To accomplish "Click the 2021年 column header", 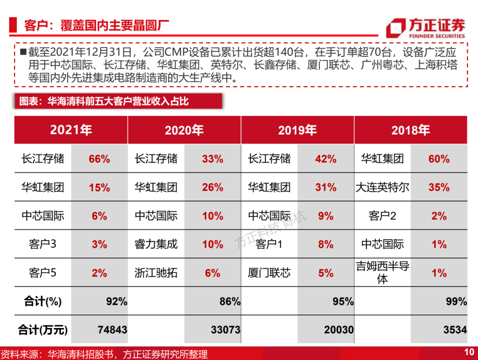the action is coord(71,130).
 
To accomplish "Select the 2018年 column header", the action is coord(411,130).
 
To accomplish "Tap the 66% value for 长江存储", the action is coord(100,159).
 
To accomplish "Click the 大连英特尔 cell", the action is coord(382,187).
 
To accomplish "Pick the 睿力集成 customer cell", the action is coord(156,244).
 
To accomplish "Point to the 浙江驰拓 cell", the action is coord(156,272).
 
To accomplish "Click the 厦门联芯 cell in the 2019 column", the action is coord(269,272).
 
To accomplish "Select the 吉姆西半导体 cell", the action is coord(382,272).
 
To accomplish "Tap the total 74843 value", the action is coord(112,329).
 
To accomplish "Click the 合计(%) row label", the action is coord(42,301).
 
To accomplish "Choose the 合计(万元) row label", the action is coord(42,330).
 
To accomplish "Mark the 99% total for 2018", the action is coord(456,301).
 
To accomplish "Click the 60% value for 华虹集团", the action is coord(439,159).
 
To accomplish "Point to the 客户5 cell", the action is coord(42,272).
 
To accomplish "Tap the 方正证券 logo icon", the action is coord(396,28).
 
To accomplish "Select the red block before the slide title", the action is coord(13,25).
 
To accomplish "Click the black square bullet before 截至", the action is coord(23,51).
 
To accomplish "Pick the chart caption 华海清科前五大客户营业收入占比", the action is coord(118,101).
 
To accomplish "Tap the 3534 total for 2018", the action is coord(455,329).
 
